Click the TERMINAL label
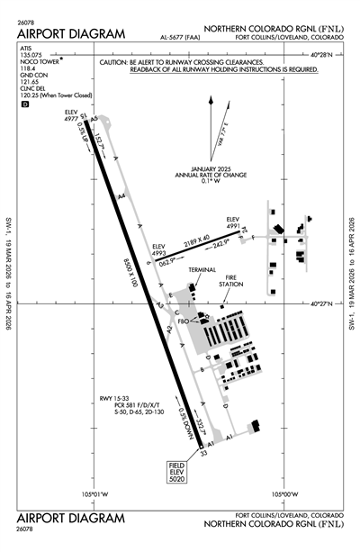click(202, 269)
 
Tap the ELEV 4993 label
click(159, 249)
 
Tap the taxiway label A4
click(121, 195)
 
